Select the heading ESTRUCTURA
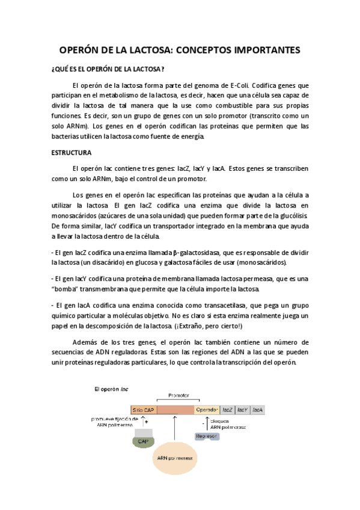[x=70, y=153]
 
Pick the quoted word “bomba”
[x=67, y=289]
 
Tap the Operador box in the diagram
[x=207, y=410]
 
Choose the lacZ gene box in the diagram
[x=227, y=410]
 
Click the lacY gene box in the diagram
[x=242, y=410]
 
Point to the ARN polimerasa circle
[x=174, y=458]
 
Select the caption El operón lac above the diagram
[x=112, y=389]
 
